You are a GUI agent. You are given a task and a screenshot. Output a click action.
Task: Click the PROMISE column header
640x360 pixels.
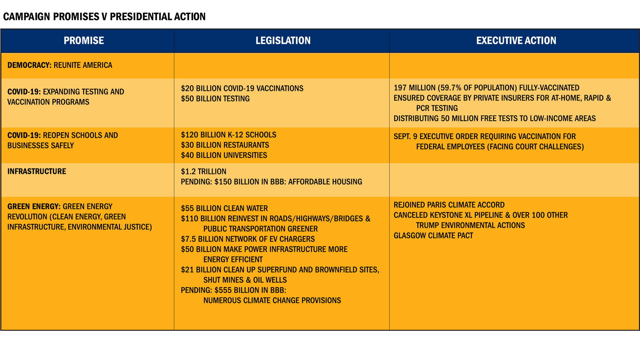point(84,41)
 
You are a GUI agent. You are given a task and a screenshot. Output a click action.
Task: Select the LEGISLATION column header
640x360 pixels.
point(283,41)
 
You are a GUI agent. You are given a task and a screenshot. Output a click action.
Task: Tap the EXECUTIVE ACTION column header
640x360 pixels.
point(516,41)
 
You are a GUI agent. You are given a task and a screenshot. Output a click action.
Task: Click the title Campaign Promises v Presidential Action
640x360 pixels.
point(104,17)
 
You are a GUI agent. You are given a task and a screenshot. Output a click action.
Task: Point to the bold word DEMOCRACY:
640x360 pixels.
point(29,65)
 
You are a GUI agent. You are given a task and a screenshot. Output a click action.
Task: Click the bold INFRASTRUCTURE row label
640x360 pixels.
point(37,171)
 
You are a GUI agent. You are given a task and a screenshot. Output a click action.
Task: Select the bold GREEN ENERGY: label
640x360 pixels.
point(34,206)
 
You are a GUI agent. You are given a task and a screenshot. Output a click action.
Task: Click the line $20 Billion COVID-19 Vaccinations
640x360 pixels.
point(242,88)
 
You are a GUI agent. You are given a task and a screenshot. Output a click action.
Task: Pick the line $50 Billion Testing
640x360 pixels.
point(215,99)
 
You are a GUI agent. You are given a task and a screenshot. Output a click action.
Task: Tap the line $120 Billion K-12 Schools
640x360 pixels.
point(228,135)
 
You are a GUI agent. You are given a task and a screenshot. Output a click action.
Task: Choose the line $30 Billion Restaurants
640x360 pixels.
point(225,145)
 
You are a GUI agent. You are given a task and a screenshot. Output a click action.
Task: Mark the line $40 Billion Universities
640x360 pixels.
point(224,155)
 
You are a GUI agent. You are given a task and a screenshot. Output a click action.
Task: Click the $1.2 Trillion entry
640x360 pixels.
point(204,171)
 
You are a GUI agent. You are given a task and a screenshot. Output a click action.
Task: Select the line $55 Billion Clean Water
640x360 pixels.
point(224,208)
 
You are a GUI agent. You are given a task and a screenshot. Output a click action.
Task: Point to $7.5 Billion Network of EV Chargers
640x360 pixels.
point(247,239)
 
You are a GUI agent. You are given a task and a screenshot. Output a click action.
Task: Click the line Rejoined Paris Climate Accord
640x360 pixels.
point(449,205)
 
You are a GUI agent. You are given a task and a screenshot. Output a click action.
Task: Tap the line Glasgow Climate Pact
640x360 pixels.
point(433,235)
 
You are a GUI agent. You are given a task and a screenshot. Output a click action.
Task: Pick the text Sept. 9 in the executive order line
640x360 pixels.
point(405,136)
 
